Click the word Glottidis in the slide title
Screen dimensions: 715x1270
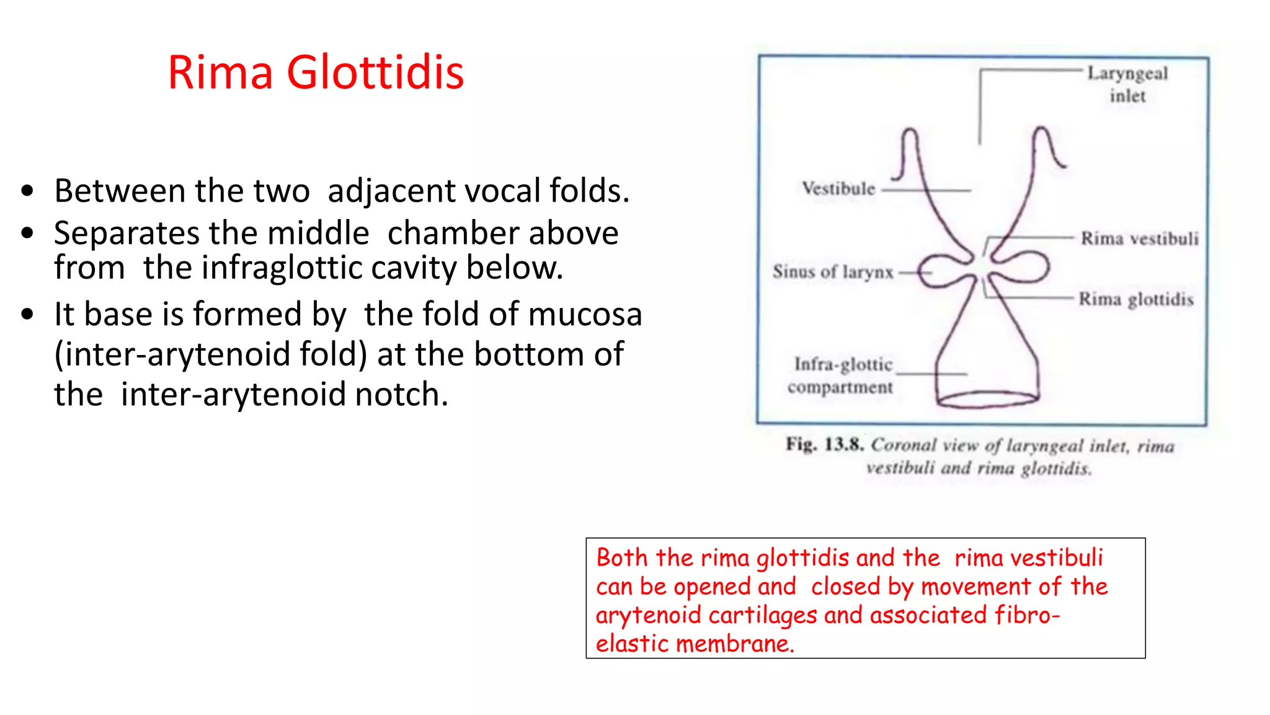[x=375, y=73]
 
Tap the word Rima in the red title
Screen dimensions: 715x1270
[x=220, y=73]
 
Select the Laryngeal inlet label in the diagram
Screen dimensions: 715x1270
[x=1127, y=84]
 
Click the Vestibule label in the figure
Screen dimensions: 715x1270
[x=838, y=188]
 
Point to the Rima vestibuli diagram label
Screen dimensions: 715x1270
[x=1139, y=238]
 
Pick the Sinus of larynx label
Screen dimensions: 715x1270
[x=833, y=272]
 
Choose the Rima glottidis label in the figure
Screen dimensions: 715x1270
[x=1135, y=299]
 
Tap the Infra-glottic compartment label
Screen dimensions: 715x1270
[x=841, y=375]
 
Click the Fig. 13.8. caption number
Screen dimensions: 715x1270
[x=825, y=444]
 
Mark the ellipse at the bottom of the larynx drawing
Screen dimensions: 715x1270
[x=987, y=399]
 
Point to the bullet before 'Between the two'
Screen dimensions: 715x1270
[x=27, y=191]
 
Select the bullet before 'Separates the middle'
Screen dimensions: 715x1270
[x=27, y=234]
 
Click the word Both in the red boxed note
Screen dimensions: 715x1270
[x=622, y=558]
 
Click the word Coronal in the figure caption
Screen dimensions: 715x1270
[x=904, y=445]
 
